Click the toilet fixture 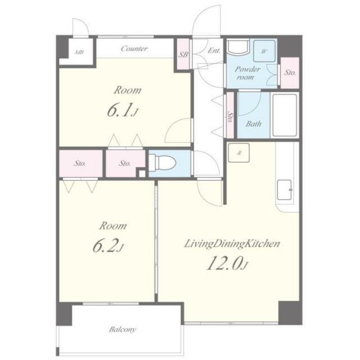coord(162,163)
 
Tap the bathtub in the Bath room coord(285,115)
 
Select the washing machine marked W coord(264,51)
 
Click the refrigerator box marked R coord(238,152)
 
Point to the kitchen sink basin coord(285,190)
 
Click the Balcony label coord(122,330)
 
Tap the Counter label coord(134,49)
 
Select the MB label coord(79,52)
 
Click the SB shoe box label coord(183,55)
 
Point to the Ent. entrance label coord(214,51)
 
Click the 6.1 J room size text coord(123,110)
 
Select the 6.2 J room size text coord(108,245)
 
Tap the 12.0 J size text coord(227,263)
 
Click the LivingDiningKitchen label coord(232,244)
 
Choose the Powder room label coord(247,73)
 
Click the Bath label coord(254,124)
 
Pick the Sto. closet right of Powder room coord(290,73)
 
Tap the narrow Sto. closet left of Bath coord(230,115)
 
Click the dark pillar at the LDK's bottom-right coord(290,313)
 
